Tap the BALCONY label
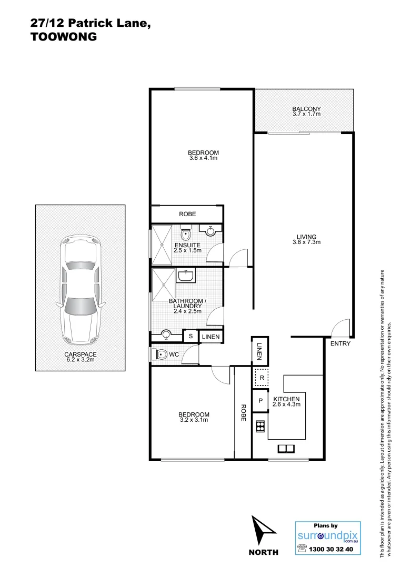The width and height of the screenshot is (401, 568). click(306, 109)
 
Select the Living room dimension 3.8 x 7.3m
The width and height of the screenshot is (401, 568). click(306, 242)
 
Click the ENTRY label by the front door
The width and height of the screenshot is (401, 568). click(340, 343)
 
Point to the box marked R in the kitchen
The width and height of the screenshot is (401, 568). click(262, 378)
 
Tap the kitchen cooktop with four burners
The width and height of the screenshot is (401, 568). click(260, 426)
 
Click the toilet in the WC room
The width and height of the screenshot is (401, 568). click(161, 355)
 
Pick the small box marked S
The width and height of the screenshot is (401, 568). click(190, 336)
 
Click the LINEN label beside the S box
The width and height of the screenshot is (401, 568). click(210, 336)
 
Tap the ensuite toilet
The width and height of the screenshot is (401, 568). click(186, 232)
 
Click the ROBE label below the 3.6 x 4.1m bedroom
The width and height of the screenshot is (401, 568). click(187, 215)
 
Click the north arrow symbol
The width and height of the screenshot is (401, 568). click(263, 531)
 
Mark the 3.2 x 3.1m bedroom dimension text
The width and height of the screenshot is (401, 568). click(194, 420)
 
